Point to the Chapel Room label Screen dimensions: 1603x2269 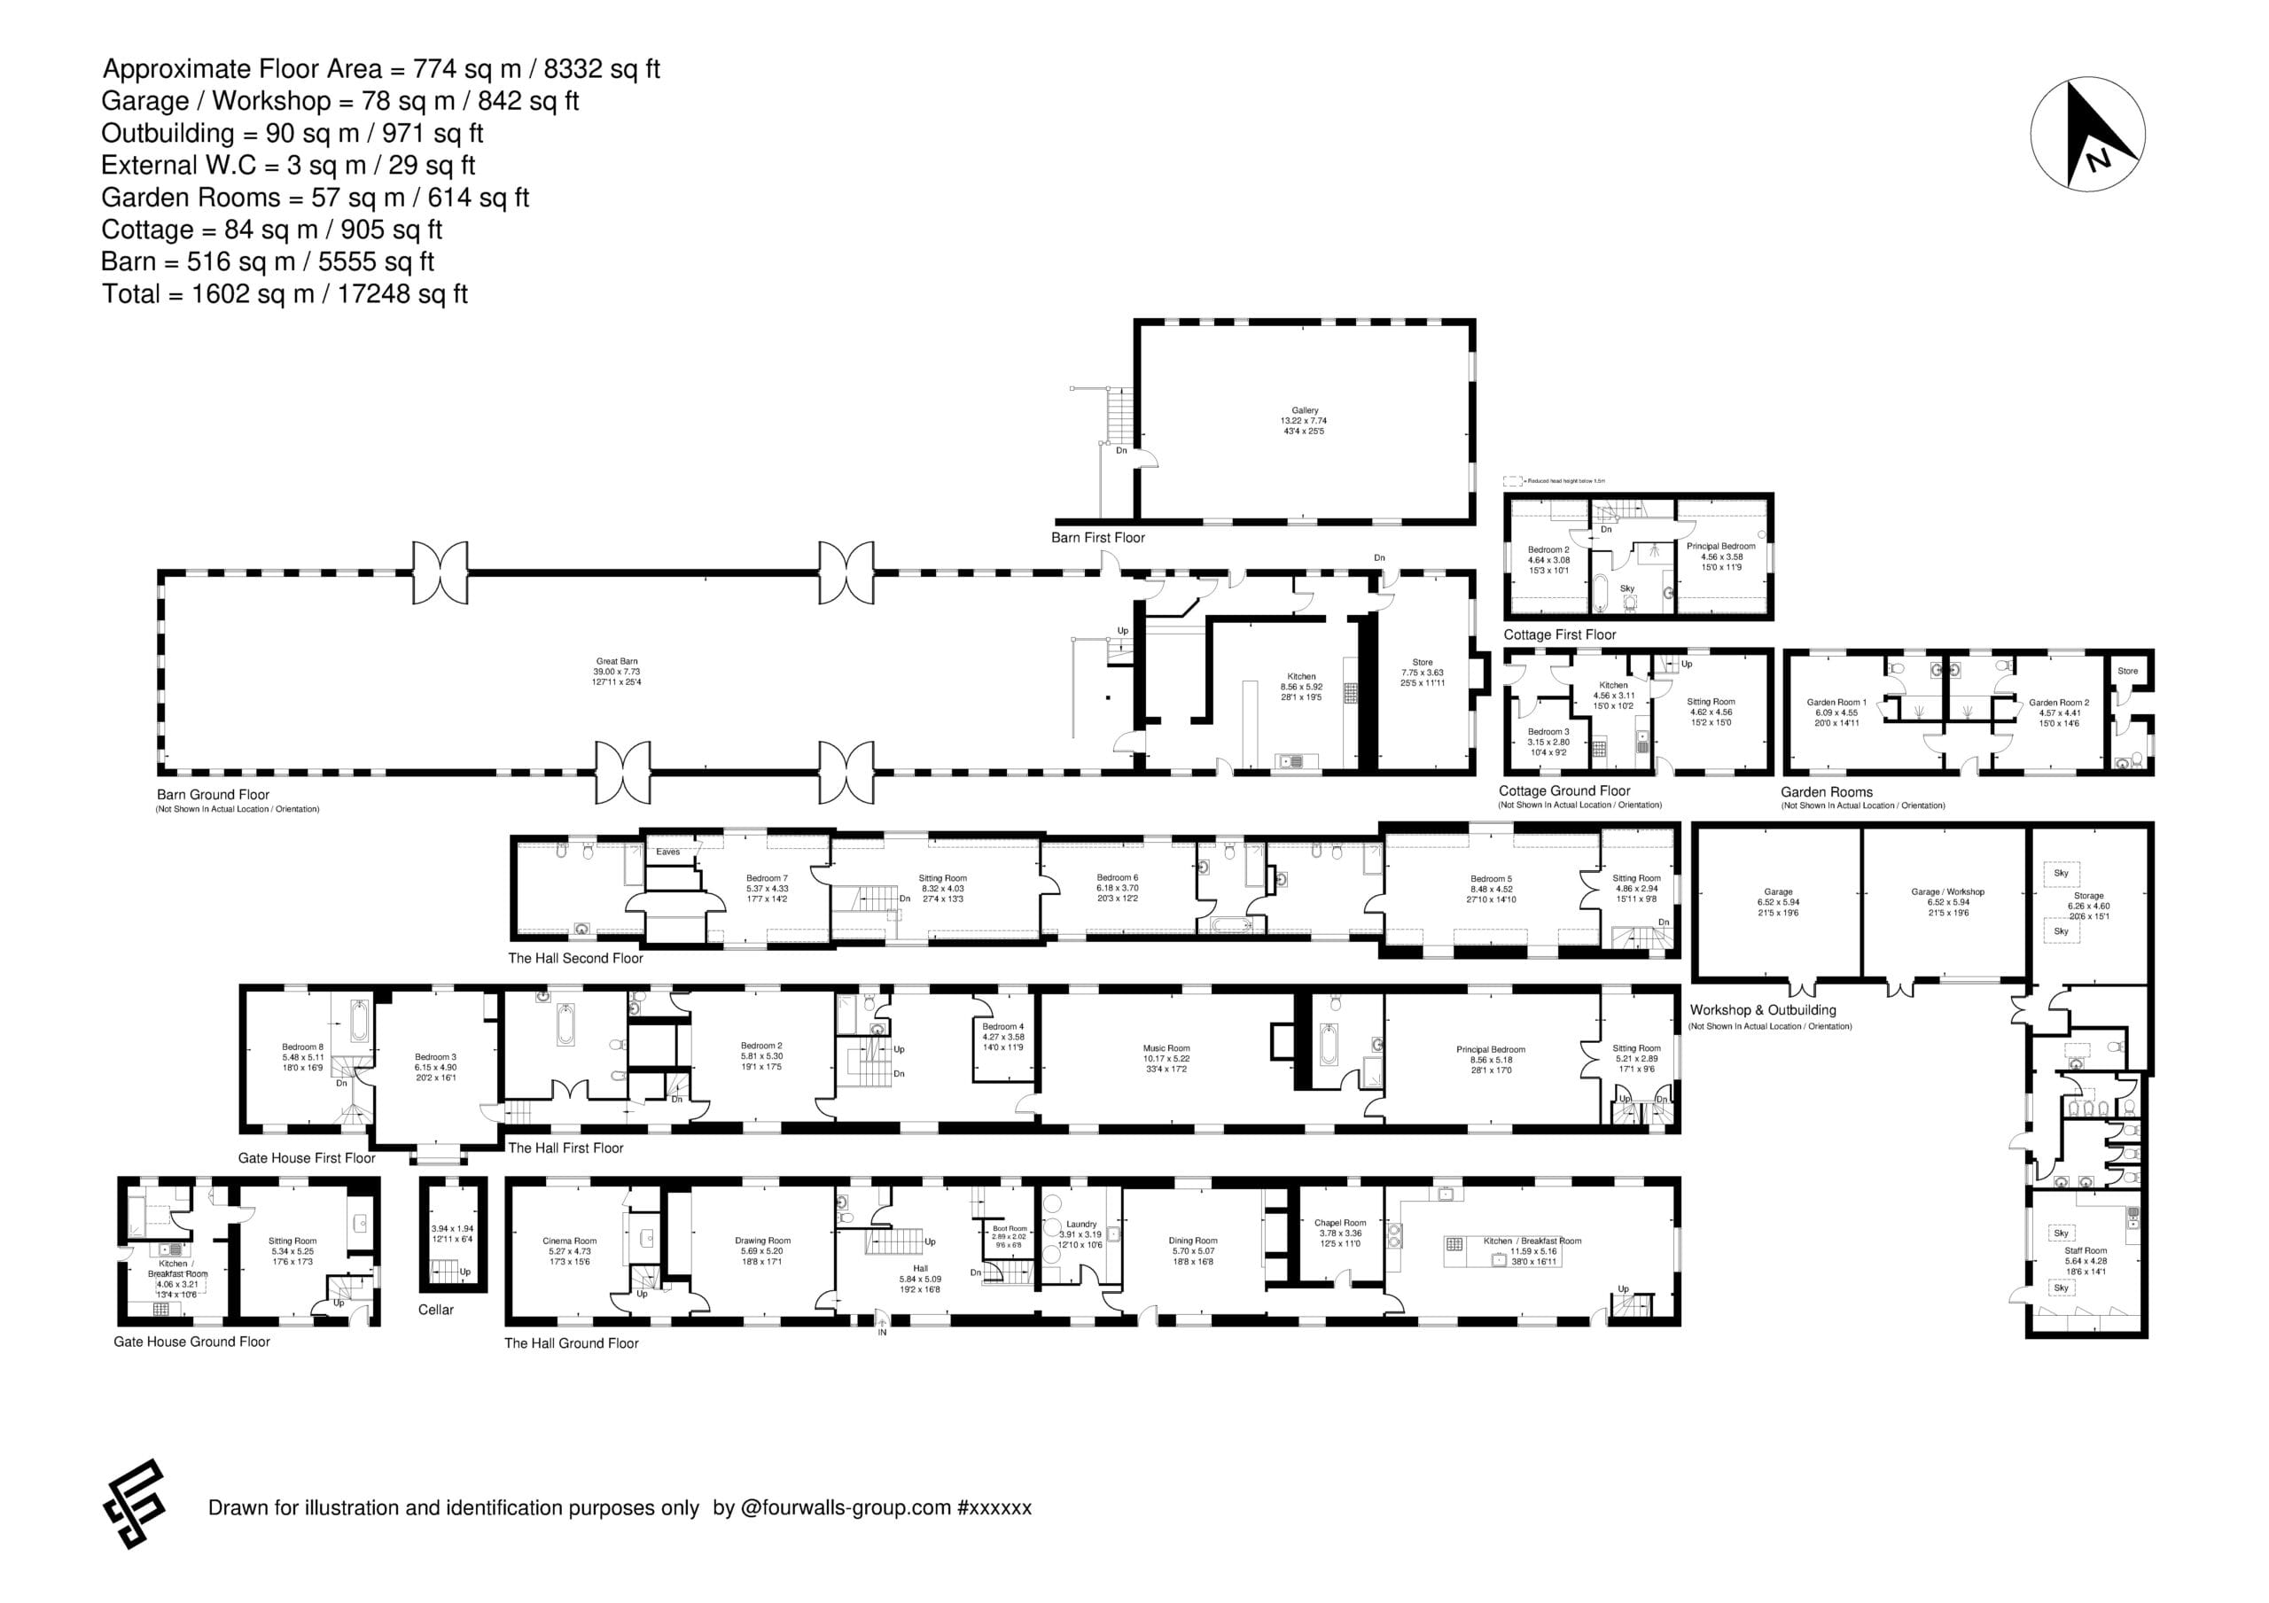tap(1340, 1223)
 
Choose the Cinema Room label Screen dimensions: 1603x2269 tap(569, 1241)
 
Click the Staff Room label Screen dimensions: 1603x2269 tap(2086, 1250)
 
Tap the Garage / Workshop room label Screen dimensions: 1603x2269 tap(1947, 891)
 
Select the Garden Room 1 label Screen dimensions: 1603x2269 tap(1836, 703)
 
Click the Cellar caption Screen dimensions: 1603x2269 tap(436, 1310)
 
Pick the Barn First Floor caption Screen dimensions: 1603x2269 tap(1097, 538)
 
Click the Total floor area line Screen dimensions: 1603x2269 tap(285, 293)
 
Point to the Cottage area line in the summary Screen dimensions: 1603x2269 tap(272, 230)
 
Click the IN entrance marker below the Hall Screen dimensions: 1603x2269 tap(882, 1331)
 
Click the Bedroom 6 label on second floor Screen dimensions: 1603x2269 tap(1117, 877)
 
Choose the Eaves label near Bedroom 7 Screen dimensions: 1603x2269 tap(668, 852)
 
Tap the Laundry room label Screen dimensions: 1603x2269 tap(1081, 1224)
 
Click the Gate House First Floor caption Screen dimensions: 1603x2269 tap(307, 1157)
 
